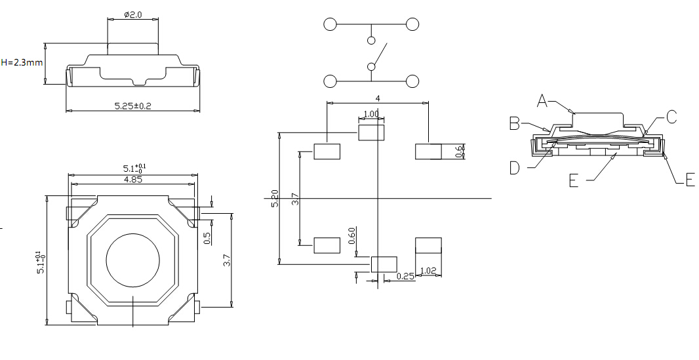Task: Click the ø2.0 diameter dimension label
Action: tap(133, 14)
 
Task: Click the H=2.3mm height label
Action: tap(22, 63)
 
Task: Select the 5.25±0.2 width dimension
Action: tap(132, 106)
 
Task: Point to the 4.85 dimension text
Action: tap(133, 180)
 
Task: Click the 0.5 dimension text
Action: tap(208, 238)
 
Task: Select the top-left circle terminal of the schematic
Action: tap(330, 25)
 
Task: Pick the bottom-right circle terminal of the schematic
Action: tap(412, 81)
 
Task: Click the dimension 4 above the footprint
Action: tap(378, 98)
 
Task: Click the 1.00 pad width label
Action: tap(371, 114)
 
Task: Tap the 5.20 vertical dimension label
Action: tap(275, 199)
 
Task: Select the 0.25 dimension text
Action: tap(406, 277)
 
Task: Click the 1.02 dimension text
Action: tap(428, 270)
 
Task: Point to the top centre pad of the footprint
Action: tap(370, 133)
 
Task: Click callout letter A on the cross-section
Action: tap(542, 100)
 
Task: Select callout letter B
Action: tap(515, 123)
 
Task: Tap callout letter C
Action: tap(671, 117)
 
